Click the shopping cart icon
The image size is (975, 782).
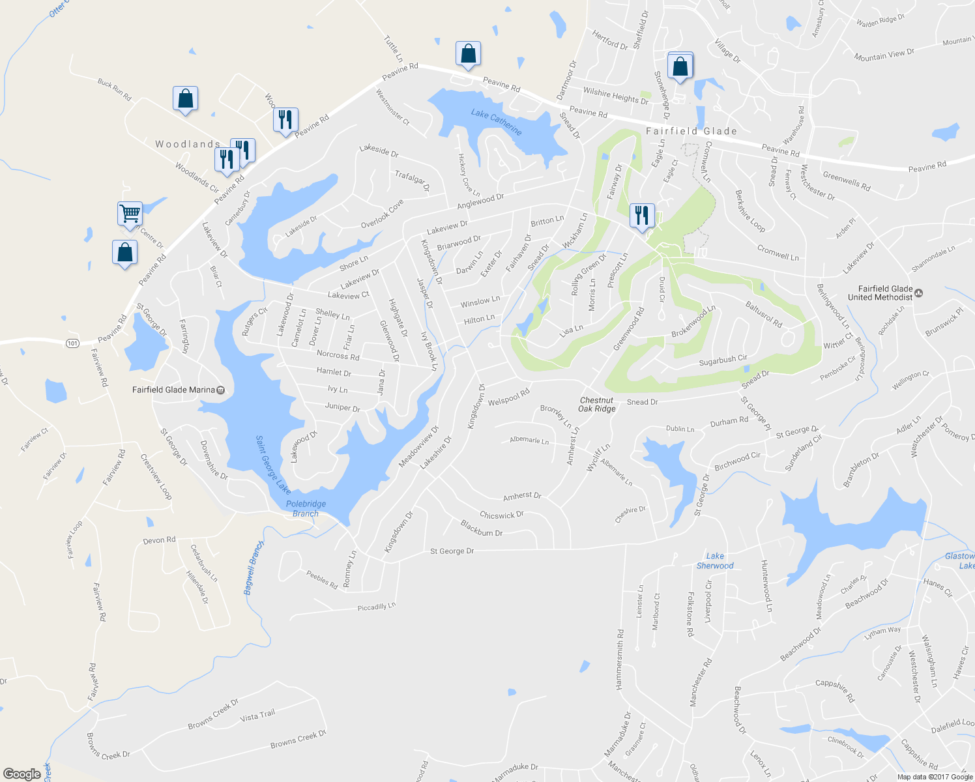(130, 212)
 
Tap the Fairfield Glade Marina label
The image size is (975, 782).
(174, 390)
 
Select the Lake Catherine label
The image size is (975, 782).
(497, 121)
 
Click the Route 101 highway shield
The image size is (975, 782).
(72, 343)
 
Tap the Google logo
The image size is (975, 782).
(22, 774)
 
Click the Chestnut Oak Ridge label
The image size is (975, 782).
(597, 405)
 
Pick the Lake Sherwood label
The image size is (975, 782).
(715, 560)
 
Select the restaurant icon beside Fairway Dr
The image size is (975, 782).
(642, 214)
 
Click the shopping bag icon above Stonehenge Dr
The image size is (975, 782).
(680, 65)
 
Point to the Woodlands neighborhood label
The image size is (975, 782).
(188, 144)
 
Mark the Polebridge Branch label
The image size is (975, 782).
(306, 508)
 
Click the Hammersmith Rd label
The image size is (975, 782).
(619, 659)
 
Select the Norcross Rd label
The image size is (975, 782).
(338, 355)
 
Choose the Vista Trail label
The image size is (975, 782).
(257, 716)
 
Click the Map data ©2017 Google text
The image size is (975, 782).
(935, 777)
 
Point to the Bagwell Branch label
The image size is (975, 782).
(254, 567)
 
